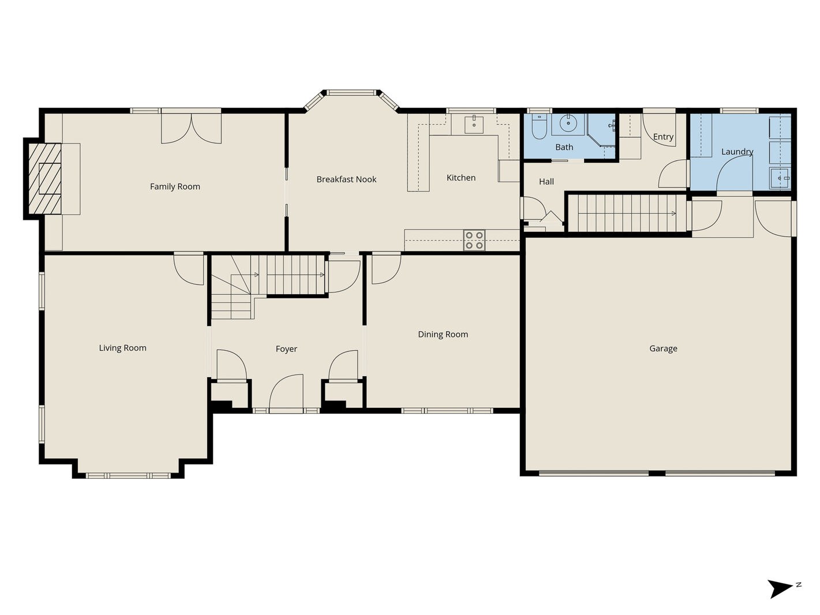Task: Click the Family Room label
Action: tap(175, 186)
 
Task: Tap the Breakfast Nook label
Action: tap(346, 179)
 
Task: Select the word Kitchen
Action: tap(461, 178)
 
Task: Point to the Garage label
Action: tap(663, 348)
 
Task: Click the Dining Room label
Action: tap(443, 334)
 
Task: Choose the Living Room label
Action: tap(122, 348)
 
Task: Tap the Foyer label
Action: tap(286, 349)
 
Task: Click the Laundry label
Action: tap(737, 152)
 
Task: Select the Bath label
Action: tap(564, 147)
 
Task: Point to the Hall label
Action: tap(546, 182)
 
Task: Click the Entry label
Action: tap(663, 137)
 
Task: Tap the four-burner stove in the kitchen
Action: tap(474, 240)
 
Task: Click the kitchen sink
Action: tap(474, 125)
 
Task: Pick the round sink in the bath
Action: tap(568, 122)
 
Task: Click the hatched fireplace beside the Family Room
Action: tap(45, 179)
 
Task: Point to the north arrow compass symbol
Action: tap(782, 588)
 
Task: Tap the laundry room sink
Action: tap(780, 178)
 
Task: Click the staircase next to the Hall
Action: tap(627, 213)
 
